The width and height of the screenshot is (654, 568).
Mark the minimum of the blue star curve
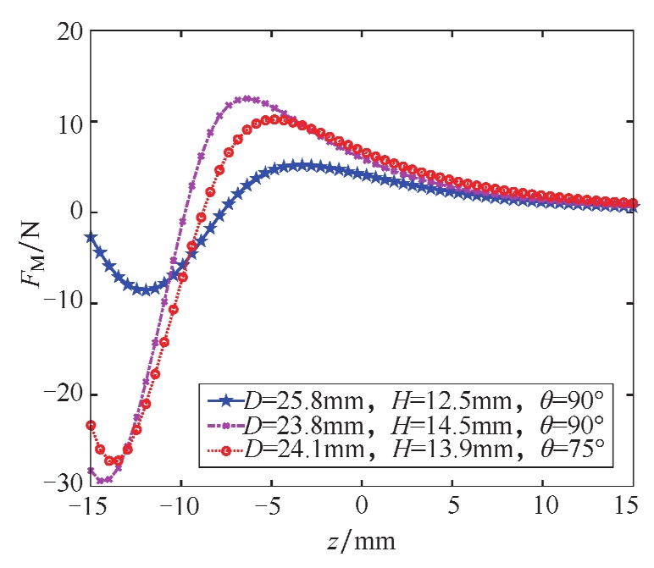[x=146, y=290]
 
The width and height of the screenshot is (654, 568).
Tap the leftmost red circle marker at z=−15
[x=91, y=425]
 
